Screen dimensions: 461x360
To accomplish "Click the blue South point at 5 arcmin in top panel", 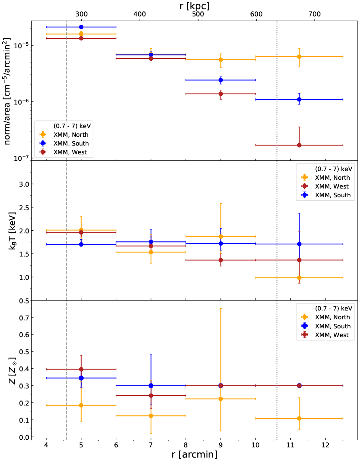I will pos(81,27).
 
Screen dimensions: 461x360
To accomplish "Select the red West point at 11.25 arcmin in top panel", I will pos(299,145).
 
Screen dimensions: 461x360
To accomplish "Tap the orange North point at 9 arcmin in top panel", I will pos(221,60).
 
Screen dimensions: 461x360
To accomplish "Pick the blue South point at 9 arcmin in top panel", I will pos(221,80).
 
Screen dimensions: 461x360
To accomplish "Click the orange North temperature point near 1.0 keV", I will pos(299,278).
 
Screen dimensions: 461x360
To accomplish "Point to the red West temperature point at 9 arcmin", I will pos(221,260).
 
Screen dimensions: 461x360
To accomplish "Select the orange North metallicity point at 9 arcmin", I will pos(221,399).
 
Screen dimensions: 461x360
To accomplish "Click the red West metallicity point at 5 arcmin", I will pos(81,369).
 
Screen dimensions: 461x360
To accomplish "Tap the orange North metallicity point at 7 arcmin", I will pos(151,416).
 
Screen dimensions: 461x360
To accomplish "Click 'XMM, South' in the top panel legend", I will pos(71,143).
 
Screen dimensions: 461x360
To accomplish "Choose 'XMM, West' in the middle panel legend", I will pos(332,186).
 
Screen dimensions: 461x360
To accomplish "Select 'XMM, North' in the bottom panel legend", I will pos(332,317).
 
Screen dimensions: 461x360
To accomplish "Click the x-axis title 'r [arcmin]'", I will pos(194,454).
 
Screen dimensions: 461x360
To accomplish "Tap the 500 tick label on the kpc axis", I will pos(198,14).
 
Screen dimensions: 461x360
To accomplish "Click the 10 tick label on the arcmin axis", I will pos(256,445).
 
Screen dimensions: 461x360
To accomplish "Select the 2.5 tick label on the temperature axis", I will pos(24,207).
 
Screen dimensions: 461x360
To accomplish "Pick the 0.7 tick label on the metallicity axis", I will pos(24,317).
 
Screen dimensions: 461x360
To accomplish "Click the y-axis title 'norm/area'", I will pos(7,91).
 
